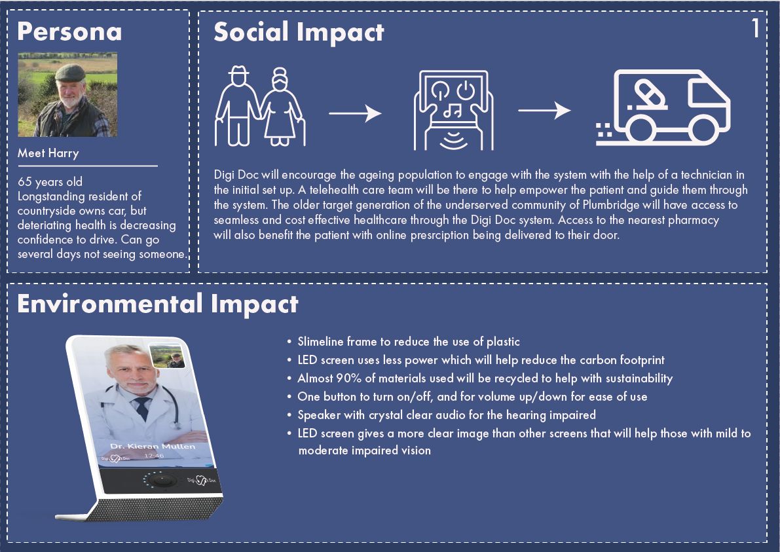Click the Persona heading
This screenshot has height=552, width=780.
click(x=69, y=31)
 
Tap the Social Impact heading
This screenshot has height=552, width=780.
click(x=299, y=32)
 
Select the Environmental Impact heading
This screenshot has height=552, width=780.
click(x=158, y=304)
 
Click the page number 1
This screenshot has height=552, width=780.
click(x=756, y=28)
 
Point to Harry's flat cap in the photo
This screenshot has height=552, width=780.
click(x=70, y=73)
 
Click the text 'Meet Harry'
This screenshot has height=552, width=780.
click(x=48, y=153)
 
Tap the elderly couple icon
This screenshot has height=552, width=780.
click(x=259, y=107)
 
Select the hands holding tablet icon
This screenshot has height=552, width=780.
click(x=453, y=110)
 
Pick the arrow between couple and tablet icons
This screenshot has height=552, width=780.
click(x=355, y=113)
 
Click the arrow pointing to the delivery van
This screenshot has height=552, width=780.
click(x=544, y=111)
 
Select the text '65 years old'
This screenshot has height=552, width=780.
click(x=50, y=182)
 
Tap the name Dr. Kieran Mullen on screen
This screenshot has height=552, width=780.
click(x=153, y=446)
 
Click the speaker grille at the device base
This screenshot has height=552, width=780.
click(x=154, y=508)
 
